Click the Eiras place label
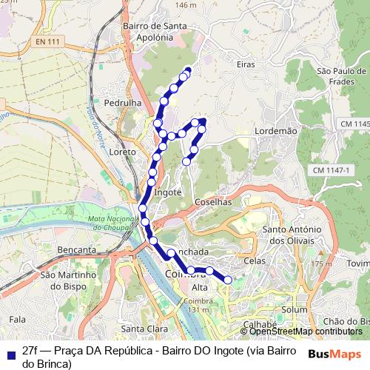[x=246, y=65]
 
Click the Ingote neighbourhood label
[x=168, y=192]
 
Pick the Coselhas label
[x=214, y=201]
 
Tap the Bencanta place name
[x=77, y=251]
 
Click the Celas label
[x=255, y=262]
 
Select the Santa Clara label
[x=142, y=329]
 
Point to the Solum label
[x=295, y=309]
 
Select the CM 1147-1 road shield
[x=330, y=171]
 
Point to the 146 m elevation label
[x=186, y=5]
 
